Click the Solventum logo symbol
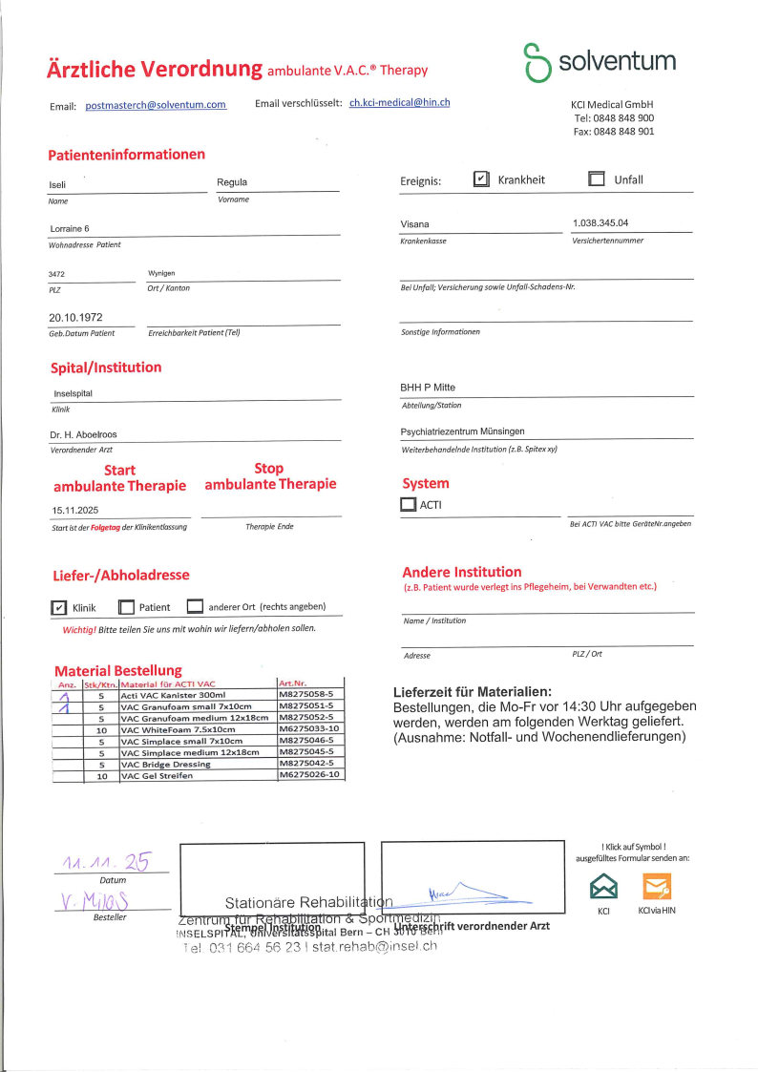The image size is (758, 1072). click(x=537, y=62)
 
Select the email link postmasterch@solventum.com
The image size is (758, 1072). click(x=156, y=105)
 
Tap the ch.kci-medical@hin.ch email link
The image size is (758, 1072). click(x=399, y=102)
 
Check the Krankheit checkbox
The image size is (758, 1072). click(x=482, y=179)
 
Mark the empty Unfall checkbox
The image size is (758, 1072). click(x=597, y=179)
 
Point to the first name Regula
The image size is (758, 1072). click(x=232, y=181)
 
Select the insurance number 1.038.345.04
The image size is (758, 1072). click(x=600, y=223)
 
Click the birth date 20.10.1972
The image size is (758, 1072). click(x=75, y=317)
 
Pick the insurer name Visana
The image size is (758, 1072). click(x=414, y=224)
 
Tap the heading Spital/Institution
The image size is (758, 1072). click(x=106, y=368)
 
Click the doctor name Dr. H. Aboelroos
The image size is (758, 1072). click(x=83, y=434)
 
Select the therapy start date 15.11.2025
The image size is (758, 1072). click(x=75, y=511)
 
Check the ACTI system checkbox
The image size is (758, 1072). click(x=409, y=506)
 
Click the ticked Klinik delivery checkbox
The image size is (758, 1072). click(x=58, y=607)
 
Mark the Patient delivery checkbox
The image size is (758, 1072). click(x=126, y=607)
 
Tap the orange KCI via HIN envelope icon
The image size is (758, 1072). click(x=657, y=888)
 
